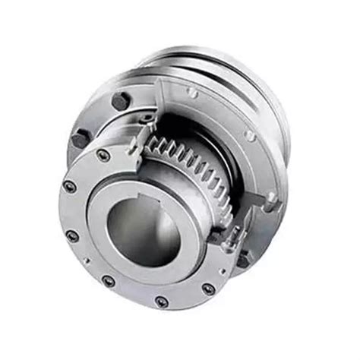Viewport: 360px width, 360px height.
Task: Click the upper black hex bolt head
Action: (x=119, y=100)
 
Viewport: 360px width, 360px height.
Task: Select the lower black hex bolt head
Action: (x=81, y=138)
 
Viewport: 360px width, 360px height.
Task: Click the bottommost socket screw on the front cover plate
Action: (x=161, y=302)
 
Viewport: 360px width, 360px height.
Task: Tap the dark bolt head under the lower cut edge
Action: (x=242, y=258)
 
